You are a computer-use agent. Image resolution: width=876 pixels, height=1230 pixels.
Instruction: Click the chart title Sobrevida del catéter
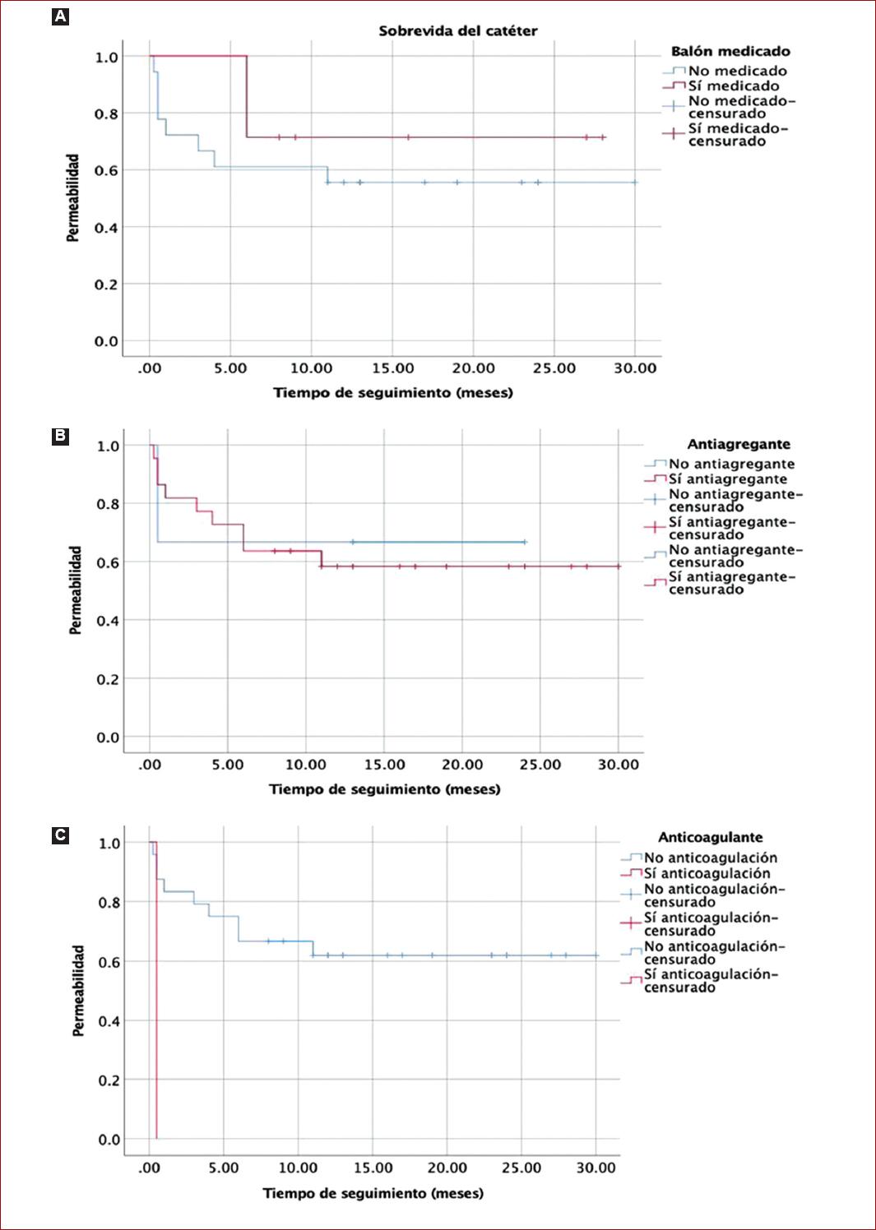(457, 31)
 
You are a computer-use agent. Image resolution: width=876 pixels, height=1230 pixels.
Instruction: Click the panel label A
(60, 16)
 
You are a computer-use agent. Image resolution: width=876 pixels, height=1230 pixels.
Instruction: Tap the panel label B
(60, 436)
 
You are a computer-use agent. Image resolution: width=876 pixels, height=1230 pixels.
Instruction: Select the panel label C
(60, 835)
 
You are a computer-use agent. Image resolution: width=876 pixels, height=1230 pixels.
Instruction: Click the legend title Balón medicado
(730, 51)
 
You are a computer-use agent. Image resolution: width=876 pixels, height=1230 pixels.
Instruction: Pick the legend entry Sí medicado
(733, 86)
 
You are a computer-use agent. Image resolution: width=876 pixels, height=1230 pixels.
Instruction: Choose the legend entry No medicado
(737, 71)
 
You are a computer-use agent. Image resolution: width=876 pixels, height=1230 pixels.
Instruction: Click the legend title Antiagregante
(739, 444)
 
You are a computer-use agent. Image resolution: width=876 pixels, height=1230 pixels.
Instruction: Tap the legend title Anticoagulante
(710, 837)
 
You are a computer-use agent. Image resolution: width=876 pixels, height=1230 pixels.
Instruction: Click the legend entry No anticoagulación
(710, 858)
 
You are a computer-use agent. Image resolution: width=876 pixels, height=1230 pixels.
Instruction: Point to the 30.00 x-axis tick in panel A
(635, 368)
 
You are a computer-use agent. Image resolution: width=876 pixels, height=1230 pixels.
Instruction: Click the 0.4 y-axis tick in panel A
(106, 228)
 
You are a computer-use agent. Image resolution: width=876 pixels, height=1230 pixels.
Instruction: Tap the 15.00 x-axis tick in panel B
(384, 765)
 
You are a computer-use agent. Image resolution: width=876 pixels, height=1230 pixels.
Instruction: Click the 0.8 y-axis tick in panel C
(109, 903)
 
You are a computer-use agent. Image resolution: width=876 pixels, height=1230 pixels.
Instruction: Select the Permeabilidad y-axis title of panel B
(76, 590)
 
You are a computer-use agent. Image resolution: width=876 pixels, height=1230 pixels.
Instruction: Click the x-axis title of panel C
(373, 1193)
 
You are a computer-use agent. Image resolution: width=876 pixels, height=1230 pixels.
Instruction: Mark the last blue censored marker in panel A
(635, 182)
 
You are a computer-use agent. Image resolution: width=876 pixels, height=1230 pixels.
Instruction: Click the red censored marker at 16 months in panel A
(408, 137)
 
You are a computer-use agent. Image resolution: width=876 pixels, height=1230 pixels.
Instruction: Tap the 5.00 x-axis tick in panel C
(223, 1168)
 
